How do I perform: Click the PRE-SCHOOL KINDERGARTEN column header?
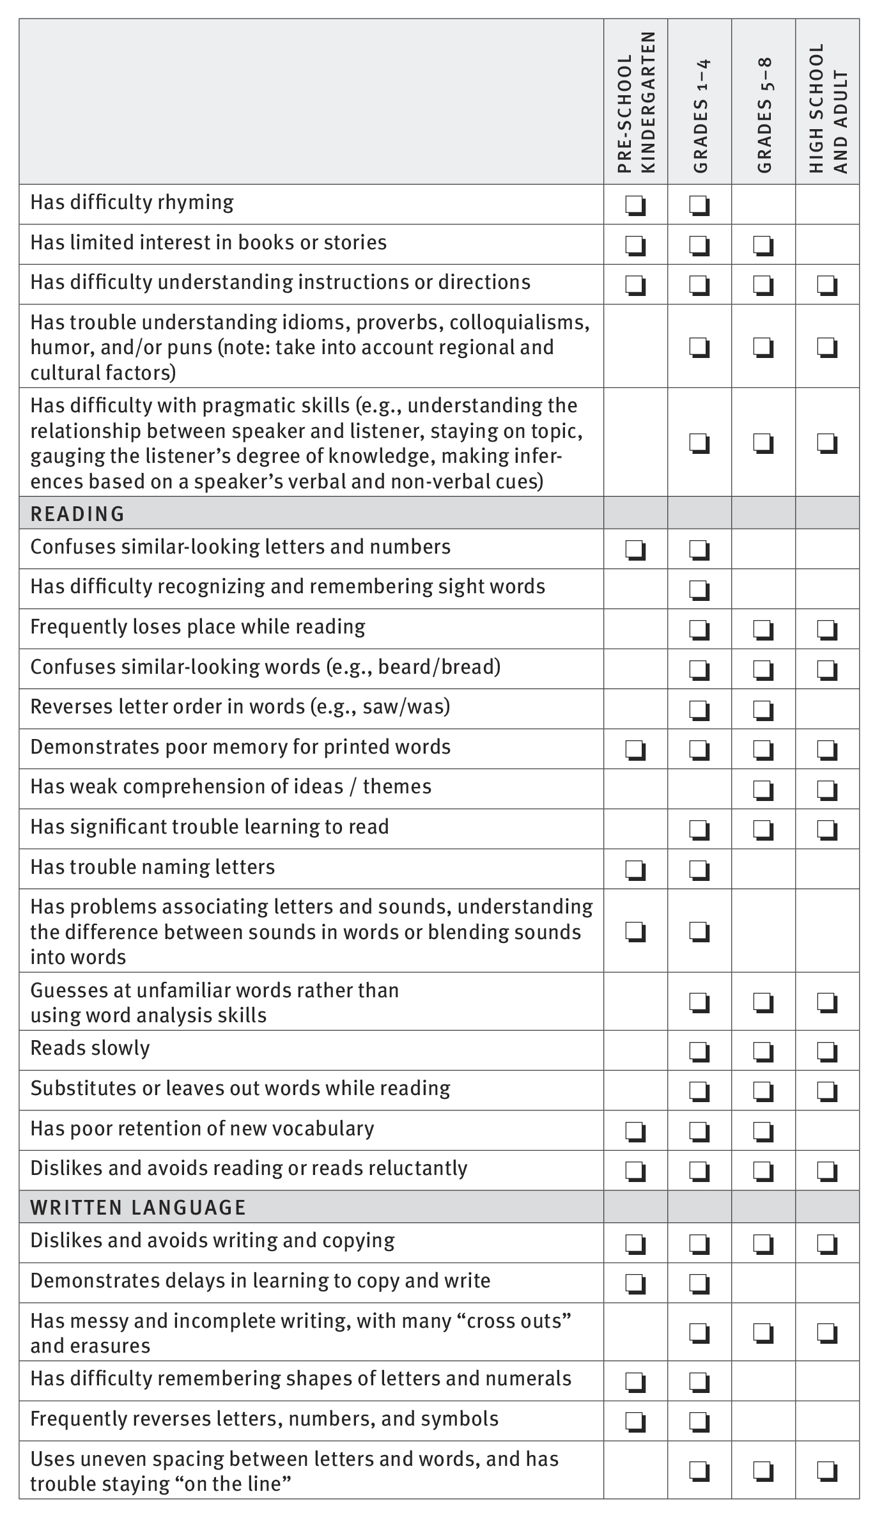tap(636, 102)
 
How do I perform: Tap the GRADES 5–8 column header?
tap(764, 115)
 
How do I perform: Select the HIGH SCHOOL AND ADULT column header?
tap(828, 109)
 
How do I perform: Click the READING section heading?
tap(77, 514)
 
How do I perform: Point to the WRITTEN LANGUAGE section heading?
tap(138, 1208)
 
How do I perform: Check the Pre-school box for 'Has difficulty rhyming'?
tap(635, 206)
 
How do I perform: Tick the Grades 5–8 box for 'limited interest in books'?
tap(763, 245)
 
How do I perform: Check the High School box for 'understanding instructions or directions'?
tap(827, 286)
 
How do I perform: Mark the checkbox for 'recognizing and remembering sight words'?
tap(699, 590)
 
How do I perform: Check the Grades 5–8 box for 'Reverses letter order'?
tap(763, 710)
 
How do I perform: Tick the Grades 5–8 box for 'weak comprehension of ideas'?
tap(763, 790)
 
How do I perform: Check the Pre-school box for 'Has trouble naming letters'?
tap(635, 870)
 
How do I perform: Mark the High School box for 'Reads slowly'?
tap(827, 1051)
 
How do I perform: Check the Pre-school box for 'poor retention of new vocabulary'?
tap(635, 1132)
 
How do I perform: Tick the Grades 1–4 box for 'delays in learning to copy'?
tap(699, 1284)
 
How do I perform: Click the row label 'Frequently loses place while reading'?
tap(197, 627)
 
